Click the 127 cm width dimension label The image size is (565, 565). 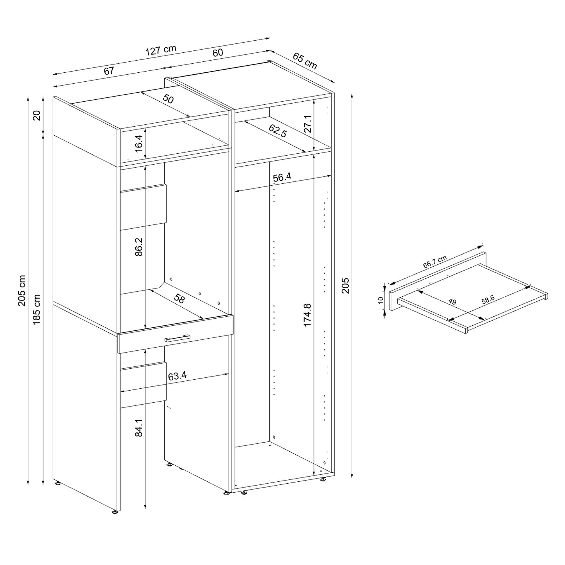[x=161, y=50]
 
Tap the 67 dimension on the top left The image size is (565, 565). [x=109, y=71]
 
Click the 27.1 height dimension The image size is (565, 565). [x=307, y=124]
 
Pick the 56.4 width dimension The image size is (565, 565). [x=282, y=177]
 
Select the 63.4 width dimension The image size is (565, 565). [x=177, y=376]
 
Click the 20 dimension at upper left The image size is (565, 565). [x=37, y=115]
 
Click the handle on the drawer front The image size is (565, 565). [x=177, y=338]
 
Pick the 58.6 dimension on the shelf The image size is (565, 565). [x=488, y=300]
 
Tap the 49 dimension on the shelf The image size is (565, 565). [x=452, y=302]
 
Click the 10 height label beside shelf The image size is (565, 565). [x=381, y=300]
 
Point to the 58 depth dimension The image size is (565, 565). [x=179, y=300]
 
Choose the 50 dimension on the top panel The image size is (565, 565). [x=168, y=99]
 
